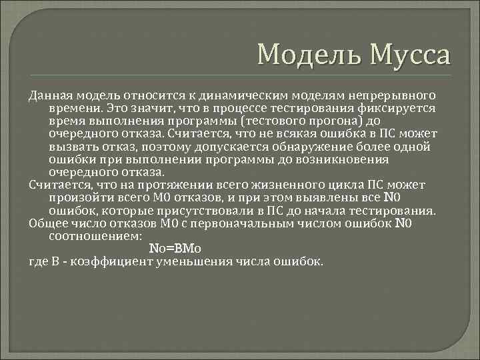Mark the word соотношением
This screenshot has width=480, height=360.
click(x=95, y=236)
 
